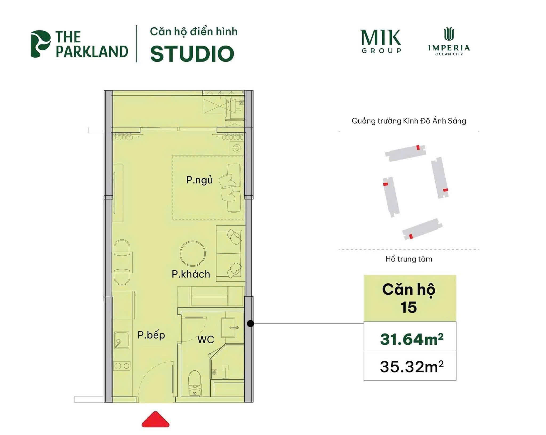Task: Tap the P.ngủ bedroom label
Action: tap(199, 180)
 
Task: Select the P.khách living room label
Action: tap(191, 274)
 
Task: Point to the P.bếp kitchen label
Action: tap(151, 335)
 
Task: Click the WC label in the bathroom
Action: tap(206, 340)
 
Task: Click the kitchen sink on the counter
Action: tap(122, 340)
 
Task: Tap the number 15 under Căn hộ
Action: tap(408, 307)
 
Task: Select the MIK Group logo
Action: tap(381, 41)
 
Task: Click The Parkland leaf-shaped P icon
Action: tap(40, 44)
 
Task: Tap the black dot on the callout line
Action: tap(251, 324)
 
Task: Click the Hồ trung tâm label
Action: tap(409, 259)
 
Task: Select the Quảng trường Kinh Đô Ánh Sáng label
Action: tap(409, 121)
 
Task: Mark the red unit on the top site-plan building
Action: tap(418, 147)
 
